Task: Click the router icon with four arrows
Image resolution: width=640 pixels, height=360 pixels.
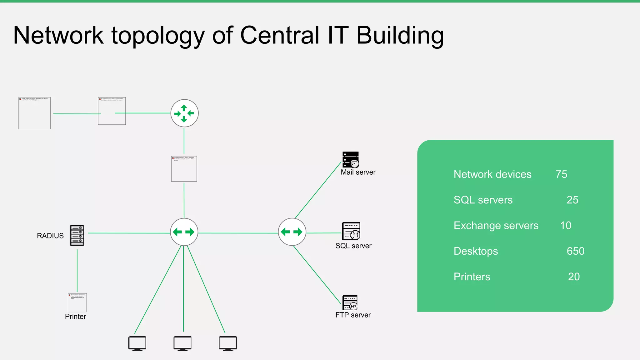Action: click(184, 113)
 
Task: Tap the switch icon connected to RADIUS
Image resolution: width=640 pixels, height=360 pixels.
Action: click(184, 232)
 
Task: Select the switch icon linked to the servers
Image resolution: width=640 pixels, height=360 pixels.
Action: click(292, 232)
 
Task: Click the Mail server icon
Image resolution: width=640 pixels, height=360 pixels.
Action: click(351, 160)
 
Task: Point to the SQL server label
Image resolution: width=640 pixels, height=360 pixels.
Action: click(353, 246)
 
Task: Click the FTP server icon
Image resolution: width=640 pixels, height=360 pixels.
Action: click(350, 302)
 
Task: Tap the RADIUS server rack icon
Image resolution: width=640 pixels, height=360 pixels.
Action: click(77, 235)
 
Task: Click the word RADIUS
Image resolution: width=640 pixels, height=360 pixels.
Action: click(50, 236)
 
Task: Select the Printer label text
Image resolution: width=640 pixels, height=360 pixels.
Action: click(75, 317)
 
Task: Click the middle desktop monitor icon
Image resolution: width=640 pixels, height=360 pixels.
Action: click(182, 343)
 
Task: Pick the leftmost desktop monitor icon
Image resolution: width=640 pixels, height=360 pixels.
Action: click(137, 343)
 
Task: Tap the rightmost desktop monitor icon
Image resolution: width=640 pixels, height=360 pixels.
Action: click(228, 343)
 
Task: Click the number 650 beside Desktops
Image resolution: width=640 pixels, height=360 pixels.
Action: click(575, 251)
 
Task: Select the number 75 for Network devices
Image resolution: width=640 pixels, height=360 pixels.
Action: click(561, 174)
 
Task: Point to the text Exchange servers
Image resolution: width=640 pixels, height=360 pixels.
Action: click(496, 226)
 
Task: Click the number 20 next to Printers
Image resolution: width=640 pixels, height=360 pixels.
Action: click(574, 277)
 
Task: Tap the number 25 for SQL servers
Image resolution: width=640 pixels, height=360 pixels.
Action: click(572, 200)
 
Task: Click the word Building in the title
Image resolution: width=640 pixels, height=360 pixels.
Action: click(400, 35)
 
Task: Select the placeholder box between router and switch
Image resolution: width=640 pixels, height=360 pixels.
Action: click(184, 169)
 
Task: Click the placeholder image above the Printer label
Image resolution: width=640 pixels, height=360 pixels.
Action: click(77, 302)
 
